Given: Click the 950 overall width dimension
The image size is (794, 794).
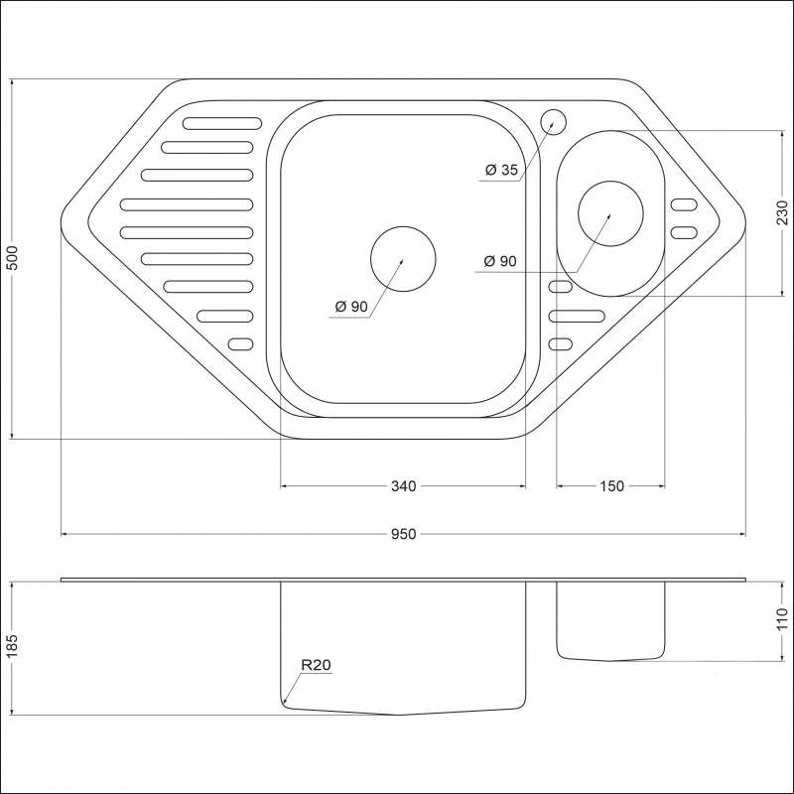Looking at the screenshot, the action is pos(403,534).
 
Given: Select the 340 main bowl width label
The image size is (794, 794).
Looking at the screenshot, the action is pos(404,486).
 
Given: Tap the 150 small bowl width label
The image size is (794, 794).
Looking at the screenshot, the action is pos(611,486).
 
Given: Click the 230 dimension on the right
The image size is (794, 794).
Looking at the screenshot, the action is pos(782,212).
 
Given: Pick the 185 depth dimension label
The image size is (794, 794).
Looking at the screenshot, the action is pos(12,645).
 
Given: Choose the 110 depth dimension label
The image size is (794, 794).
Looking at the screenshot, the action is pos(782,618).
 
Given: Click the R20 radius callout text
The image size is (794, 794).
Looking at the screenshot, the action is pos(316,665).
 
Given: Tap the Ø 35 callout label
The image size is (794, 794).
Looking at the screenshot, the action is pos(501,170).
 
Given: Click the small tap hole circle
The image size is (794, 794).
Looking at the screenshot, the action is pos(553,122).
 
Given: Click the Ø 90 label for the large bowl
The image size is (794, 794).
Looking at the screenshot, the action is pos(351,307).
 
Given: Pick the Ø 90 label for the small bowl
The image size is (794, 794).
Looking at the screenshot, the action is pos(500,261).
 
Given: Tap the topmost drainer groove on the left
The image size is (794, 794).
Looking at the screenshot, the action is pos(222,123).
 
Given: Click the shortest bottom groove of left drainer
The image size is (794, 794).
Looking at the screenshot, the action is pos(240,344).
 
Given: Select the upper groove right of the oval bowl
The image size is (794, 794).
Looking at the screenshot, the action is pos(684,205).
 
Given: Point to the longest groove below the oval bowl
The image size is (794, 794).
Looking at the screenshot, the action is pos(577,316).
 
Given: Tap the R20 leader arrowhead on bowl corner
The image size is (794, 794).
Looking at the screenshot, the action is pos(285,702).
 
